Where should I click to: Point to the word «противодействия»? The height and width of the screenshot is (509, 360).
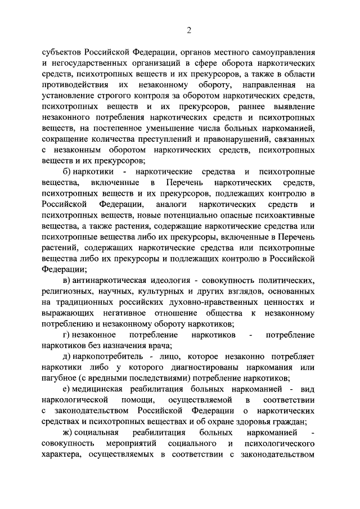(75, 85)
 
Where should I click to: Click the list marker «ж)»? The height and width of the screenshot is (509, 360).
(70, 431)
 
